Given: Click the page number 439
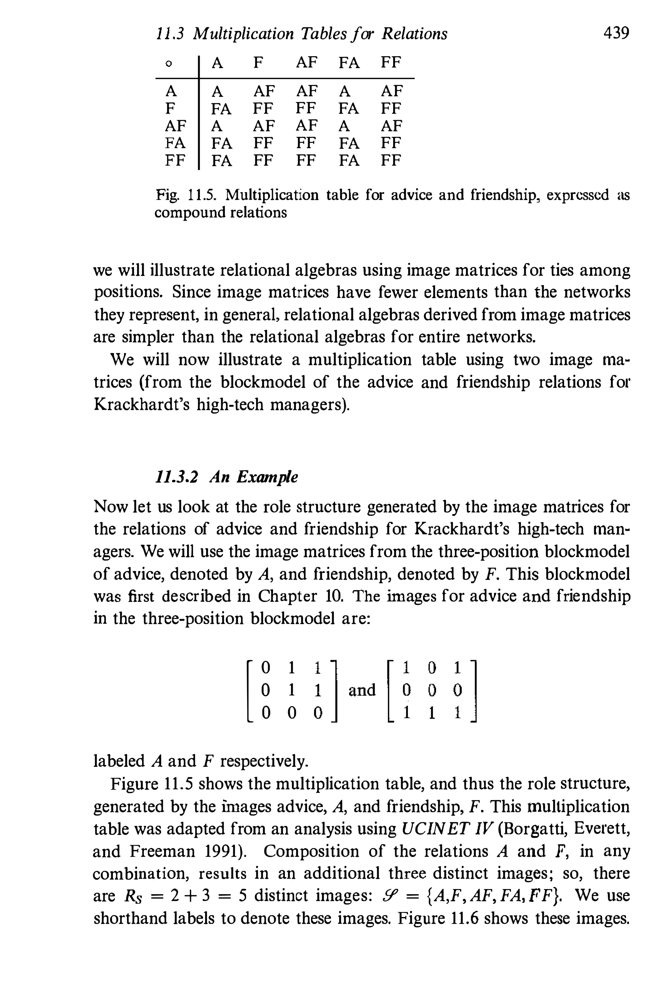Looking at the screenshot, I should tap(616, 33).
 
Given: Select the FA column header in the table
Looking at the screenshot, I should tap(349, 63).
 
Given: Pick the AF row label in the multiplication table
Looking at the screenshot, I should tap(175, 126).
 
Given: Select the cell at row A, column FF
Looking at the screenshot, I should tap(391, 91).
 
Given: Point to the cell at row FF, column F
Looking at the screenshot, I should tap(263, 161).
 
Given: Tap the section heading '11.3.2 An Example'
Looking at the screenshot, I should tap(226, 477).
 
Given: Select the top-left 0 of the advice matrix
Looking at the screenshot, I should tap(266, 667).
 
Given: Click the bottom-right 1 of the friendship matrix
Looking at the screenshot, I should tap(458, 713).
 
